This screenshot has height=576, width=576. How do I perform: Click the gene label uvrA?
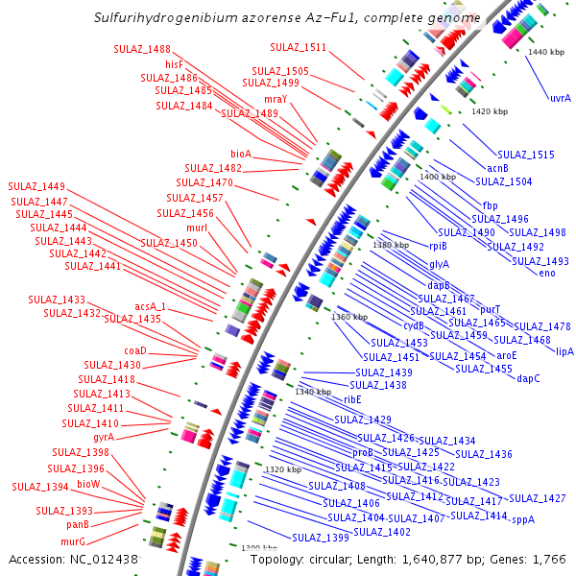[561, 97]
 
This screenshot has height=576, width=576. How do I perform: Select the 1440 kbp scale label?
[547, 51]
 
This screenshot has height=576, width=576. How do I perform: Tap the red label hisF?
[174, 63]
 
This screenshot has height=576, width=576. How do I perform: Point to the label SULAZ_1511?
[298, 46]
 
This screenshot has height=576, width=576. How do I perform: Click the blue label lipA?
[564, 351]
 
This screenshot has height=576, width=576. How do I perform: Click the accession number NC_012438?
[106, 559]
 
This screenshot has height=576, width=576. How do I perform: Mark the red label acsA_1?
[150, 306]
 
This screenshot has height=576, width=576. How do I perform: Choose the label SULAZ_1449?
[36, 185]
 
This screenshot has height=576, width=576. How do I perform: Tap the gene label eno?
[547, 274]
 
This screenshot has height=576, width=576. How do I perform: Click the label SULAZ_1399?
[321, 538]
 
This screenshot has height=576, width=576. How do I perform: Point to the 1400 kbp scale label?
[438, 177]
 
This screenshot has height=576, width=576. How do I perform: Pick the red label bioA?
[241, 153]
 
